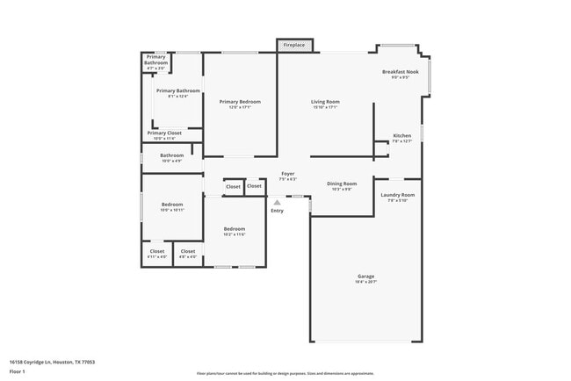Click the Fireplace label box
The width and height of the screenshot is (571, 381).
click(x=294, y=44)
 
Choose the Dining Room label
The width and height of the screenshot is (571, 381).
click(x=342, y=186)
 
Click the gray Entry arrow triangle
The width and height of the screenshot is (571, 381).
click(x=277, y=202)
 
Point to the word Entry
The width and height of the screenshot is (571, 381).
click(x=277, y=211)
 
